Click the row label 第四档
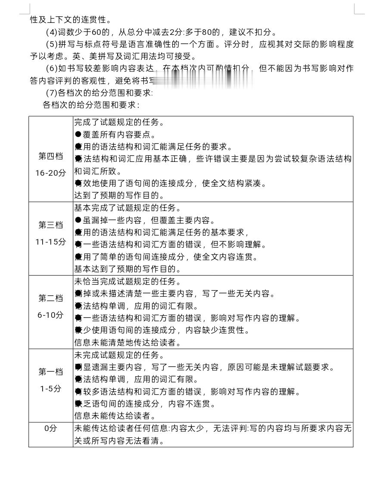point(51,156)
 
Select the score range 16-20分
point(51,173)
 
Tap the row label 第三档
point(51,225)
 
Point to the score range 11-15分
point(51,242)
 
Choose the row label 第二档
point(51,298)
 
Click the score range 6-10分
point(51,315)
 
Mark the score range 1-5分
point(51,388)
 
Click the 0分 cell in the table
point(51,428)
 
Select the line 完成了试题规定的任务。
point(119,122)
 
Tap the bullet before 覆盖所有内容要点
point(78,134)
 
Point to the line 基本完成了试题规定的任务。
point(127,208)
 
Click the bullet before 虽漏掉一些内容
point(78,220)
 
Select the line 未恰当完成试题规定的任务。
point(127,282)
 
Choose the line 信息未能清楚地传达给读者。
point(127,343)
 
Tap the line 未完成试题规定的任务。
point(123,355)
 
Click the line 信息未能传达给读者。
point(115,416)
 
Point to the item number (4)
point(51,32)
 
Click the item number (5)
point(51,45)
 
